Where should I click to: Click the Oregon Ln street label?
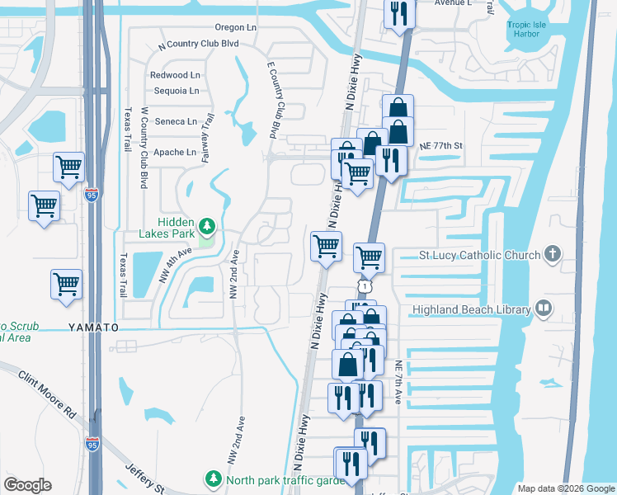pos(235,27)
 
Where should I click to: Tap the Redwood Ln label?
pos(176,75)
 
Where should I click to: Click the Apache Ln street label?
pos(180,152)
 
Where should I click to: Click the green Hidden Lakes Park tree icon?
pos(206,224)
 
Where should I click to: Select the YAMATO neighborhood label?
pos(93,328)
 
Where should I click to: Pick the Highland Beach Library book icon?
pos(543,309)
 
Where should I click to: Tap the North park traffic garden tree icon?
pos(214,479)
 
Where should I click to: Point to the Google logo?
pos(28,485)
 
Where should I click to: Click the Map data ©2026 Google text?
pos(566,488)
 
